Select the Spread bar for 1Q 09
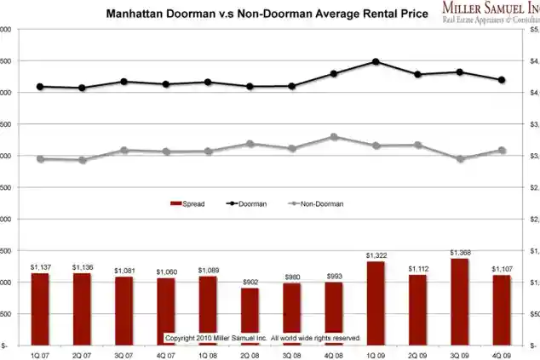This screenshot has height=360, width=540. [376, 303]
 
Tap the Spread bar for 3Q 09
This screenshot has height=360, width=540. [460, 301]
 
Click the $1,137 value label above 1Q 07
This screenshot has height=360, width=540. [39, 266]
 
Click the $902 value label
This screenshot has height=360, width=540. [250, 282]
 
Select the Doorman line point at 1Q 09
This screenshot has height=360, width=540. [376, 61]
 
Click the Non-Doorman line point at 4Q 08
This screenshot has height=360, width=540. [334, 136]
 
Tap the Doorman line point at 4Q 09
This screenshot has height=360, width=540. [502, 80]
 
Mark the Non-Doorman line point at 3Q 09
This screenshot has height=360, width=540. [460, 158]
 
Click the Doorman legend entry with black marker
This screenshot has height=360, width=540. [247, 203]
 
